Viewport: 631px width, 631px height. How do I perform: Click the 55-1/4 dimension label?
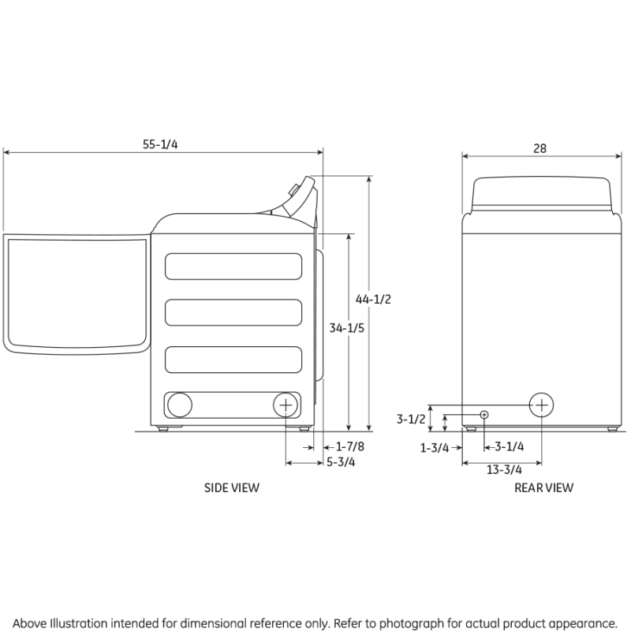tap(160, 144)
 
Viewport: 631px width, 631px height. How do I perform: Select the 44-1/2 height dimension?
tap(373, 299)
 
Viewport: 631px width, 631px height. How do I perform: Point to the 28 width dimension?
tap(540, 147)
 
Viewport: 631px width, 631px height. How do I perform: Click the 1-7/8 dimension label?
tap(349, 446)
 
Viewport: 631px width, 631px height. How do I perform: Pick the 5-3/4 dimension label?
tap(341, 462)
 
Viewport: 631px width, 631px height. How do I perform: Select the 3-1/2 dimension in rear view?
tap(411, 418)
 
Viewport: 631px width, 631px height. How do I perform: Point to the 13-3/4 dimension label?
tap(502, 469)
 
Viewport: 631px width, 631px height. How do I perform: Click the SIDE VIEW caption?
tap(232, 487)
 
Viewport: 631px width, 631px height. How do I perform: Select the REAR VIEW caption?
tap(543, 487)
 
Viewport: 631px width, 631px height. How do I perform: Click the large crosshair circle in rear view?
tap(542, 405)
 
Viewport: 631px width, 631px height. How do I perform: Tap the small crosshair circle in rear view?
tap(484, 414)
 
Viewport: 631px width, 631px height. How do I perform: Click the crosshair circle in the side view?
tap(285, 405)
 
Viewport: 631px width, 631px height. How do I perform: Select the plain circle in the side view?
tap(179, 405)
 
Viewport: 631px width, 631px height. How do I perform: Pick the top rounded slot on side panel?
tap(233, 266)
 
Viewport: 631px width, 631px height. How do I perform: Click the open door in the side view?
tap(76, 292)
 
